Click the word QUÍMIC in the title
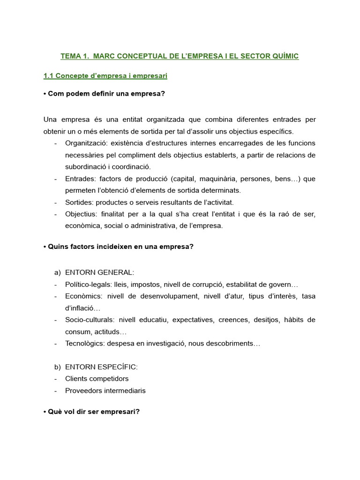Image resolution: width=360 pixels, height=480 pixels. (283, 56)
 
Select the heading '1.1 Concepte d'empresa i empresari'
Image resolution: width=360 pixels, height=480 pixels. (105, 75)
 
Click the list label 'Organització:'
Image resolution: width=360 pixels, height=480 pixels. (85, 143)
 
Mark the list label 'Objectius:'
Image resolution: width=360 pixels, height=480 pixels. (82, 214)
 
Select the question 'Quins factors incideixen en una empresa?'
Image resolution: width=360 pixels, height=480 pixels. (118, 247)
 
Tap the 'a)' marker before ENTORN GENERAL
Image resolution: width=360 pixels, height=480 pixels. (58, 272)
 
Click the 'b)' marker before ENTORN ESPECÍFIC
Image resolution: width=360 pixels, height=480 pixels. (58, 367)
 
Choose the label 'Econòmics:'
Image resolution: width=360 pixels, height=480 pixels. (84, 296)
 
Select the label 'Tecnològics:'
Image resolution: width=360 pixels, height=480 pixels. (85, 344)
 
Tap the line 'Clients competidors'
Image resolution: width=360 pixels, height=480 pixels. (97, 379)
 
